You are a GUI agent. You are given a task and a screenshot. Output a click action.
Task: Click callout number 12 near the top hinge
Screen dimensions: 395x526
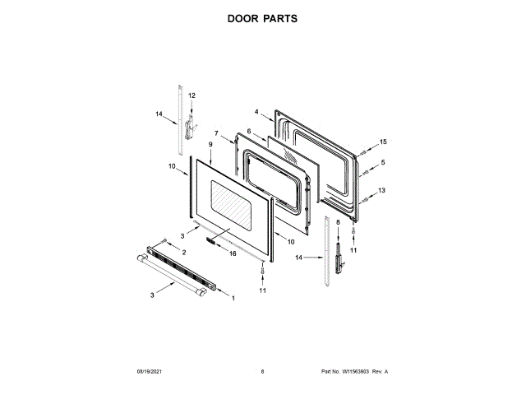coord(191,96)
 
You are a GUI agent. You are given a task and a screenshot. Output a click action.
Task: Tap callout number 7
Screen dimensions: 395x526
coord(217,133)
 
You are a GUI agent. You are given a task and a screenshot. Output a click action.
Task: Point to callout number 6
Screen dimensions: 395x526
coord(248,131)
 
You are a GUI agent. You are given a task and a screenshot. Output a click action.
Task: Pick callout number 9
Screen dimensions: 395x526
coord(210,145)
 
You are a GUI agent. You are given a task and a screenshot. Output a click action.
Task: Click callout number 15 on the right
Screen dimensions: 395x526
coord(382,142)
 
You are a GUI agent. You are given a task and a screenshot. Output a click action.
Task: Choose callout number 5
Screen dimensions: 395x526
coord(382,162)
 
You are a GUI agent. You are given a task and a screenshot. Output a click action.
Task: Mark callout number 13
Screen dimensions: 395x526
coord(382,190)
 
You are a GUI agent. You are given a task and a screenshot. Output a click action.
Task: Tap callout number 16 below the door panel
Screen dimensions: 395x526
coord(233,254)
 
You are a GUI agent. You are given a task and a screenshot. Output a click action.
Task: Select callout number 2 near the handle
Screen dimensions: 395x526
coord(183,252)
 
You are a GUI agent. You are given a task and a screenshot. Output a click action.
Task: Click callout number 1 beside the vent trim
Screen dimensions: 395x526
coord(233,297)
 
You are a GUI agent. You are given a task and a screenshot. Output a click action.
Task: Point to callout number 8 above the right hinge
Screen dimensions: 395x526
coord(337,222)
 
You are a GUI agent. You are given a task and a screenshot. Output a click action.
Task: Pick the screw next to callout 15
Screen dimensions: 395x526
coord(362,151)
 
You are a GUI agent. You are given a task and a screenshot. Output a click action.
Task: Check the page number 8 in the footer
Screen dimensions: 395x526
coord(262,371)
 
